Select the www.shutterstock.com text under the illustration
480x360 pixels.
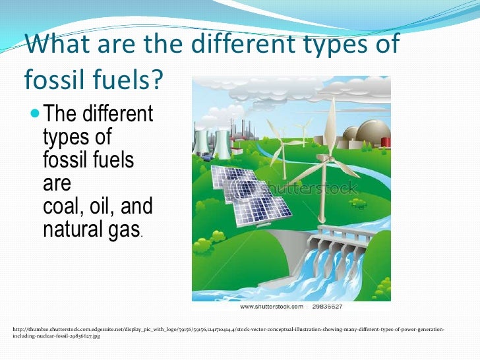tap(271, 307)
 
